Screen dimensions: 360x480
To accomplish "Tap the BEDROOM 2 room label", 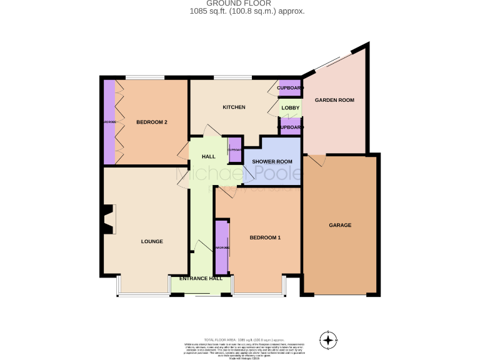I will [x=152, y=122].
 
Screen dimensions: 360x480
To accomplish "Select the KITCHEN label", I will [x=234, y=107].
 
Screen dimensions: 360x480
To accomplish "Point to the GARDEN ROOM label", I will [x=334, y=100].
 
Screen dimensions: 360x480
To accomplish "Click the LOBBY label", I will [x=291, y=108].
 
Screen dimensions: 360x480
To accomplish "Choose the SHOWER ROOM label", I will [x=272, y=162].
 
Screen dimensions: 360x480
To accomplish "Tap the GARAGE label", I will [x=340, y=225].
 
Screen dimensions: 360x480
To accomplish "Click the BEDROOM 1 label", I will [x=265, y=237].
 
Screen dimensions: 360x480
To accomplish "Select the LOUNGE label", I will [x=152, y=241].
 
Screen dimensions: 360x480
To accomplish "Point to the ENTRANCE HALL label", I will [x=201, y=278].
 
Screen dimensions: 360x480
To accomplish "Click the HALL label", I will [x=208, y=156].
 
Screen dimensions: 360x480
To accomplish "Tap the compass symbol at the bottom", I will [x=328, y=340].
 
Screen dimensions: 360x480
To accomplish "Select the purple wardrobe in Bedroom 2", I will [x=109, y=121].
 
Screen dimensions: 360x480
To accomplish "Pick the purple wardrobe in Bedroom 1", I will [x=222, y=247].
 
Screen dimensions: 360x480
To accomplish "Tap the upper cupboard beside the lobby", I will [x=290, y=88].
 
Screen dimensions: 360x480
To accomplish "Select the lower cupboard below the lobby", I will [x=290, y=127].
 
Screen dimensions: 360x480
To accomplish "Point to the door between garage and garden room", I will [x=316, y=159].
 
